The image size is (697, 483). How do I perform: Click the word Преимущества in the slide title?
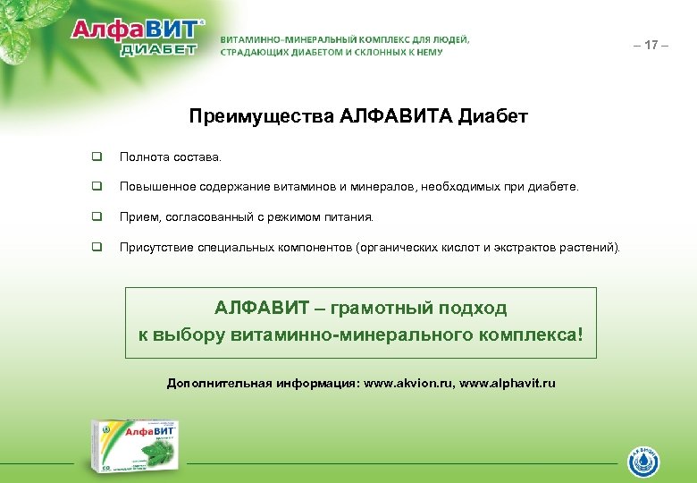pyautogui.click(x=262, y=116)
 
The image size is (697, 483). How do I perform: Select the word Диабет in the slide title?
pyautogui.click(x=492, y=116)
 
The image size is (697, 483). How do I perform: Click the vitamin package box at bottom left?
pyautogui.click(x=134, y=445)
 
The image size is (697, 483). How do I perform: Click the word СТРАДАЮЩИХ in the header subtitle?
pyautogui.click(x=256, y=52)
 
